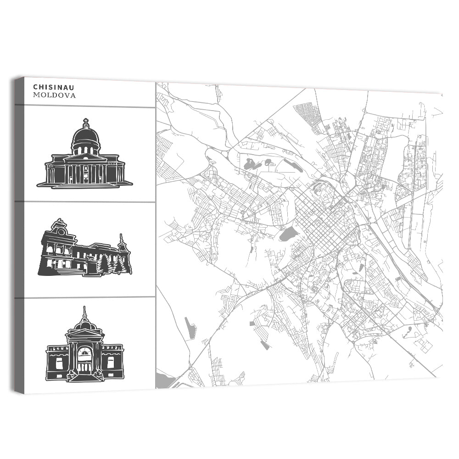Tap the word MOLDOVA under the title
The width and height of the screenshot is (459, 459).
point(54,95)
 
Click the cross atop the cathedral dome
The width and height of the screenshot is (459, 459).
point(86,123)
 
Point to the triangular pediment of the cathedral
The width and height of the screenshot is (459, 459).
point(86,157)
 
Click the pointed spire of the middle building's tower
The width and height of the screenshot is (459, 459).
point(122,239)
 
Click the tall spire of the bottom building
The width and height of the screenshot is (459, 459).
point(84,313)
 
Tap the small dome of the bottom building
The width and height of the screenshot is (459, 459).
point(84,325)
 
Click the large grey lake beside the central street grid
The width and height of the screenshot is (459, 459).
point(287,235)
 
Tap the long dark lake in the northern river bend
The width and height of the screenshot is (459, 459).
point(292,165)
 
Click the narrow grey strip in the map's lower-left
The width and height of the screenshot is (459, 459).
point(190,328)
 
